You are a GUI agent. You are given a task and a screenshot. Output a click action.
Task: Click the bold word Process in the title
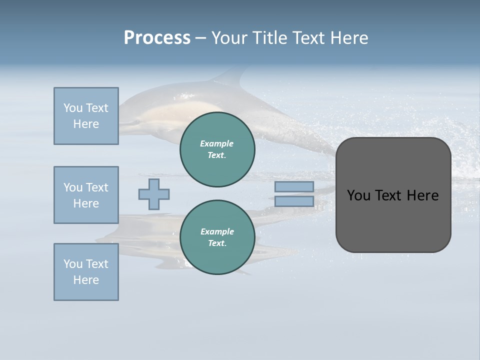coord(157,38)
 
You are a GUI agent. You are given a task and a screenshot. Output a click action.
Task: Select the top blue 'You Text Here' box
coord(86,116)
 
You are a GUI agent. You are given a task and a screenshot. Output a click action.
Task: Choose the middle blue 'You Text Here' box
coord(86,195)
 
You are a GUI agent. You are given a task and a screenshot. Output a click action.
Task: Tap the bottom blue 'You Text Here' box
coord(86,272)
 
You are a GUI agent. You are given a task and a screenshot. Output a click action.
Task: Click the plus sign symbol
coord(154,194)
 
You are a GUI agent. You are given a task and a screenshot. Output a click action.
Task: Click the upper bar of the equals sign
coord(294,186)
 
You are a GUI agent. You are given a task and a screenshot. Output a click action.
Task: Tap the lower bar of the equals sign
coord(294,201)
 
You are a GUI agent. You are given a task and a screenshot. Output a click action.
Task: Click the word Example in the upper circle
coord(217,143)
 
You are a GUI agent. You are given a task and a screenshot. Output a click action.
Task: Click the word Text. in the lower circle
coord(217,243)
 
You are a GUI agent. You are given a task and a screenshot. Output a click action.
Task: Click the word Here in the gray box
coord(422,195)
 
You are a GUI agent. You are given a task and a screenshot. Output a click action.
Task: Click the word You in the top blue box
coord(72,108)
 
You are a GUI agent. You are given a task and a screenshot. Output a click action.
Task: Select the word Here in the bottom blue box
coord(86,280)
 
